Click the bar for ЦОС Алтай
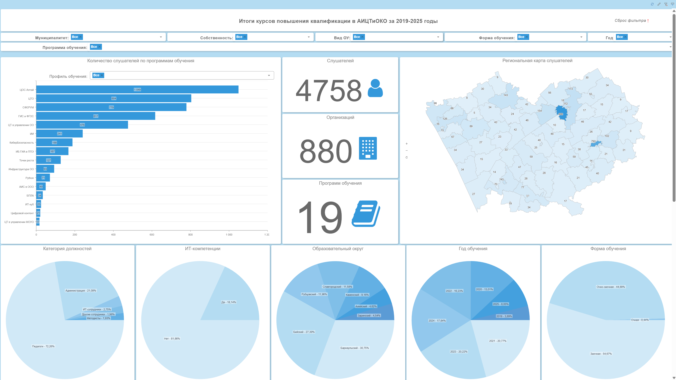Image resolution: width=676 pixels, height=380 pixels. [x=137, y=89]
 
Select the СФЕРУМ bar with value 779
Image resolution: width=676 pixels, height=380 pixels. [x=111, y=107]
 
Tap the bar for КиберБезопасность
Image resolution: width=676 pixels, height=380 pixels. [x=54, y=142]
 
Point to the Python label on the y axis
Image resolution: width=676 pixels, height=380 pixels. [x=30, y=178]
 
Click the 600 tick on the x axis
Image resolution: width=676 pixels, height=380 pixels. [x=152, y=235]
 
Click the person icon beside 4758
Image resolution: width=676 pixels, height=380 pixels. [x=375, y=88]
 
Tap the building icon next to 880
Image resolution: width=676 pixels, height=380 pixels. [x=368, y=148]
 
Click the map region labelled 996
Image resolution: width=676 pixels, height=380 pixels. [x=562, y=113]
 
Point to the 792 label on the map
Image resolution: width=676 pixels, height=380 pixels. [x=593, y=141]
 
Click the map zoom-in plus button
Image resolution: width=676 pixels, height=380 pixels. [x=406, y=144]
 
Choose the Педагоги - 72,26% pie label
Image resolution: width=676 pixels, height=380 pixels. [x=43, y=346]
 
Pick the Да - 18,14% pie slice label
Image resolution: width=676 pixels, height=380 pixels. [x=229, y=302]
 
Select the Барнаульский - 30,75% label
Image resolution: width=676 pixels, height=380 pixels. [x=355, y=348]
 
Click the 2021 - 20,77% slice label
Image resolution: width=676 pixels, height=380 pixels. [x=497, y=341]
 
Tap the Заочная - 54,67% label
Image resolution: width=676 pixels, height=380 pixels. [x=601, y=354]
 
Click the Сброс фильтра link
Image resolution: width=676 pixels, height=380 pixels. [x=630, y=20]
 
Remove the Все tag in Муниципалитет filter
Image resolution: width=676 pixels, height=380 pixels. [x=81, y=37]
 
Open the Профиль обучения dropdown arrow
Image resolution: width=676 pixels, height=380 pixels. [x=269, y=75]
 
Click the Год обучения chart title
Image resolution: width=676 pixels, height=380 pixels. [x=473, y=249]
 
